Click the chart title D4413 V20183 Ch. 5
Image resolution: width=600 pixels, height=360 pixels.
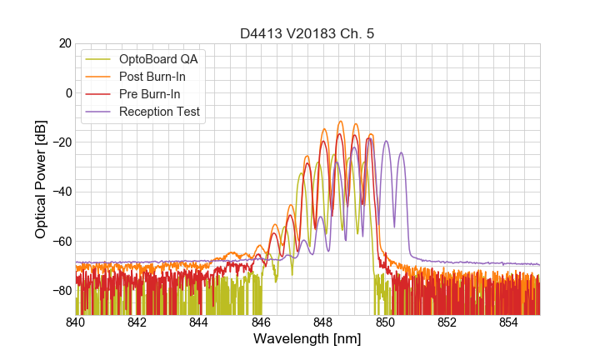point(307,33)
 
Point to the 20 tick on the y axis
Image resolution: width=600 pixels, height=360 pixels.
point(63,43)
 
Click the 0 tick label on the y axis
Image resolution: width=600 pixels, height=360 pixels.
point(67,92)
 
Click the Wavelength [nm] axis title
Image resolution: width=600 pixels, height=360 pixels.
point(307,340)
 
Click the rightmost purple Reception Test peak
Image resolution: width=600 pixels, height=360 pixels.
point(401,153)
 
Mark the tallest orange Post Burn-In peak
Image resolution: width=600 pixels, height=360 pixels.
point(340,122)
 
